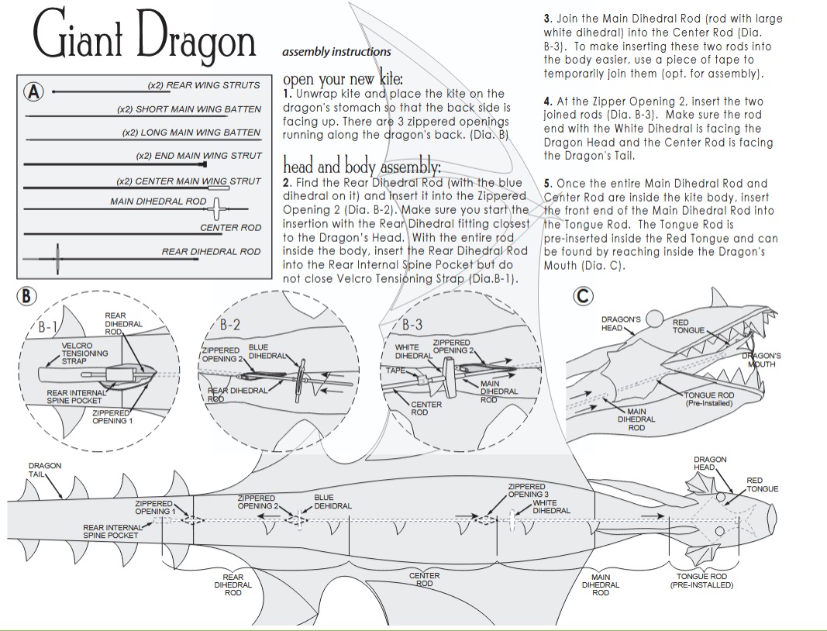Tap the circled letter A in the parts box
click(33, 92)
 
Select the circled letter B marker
click(27, 296)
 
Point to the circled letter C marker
click(583, 296)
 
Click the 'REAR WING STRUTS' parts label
click(204, 85)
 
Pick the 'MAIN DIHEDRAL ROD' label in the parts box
click(158, 202)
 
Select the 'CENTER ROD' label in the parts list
click(230, 228)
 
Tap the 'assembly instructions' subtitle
click(336, 52)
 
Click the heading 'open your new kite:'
click(343, 79)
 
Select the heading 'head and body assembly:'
click(361, 167)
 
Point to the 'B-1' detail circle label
click(48, 327)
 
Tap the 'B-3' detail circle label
click(412, 326)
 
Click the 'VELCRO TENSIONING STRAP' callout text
click(84, 353)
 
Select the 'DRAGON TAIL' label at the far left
click(44, 470)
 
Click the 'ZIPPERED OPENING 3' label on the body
click(527, 491)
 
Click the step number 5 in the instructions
click(547, 184)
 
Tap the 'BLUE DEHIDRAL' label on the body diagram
click(333, 502)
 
